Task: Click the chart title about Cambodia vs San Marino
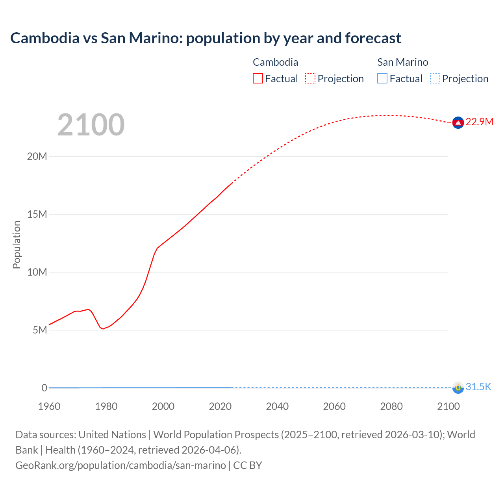pos(206,38)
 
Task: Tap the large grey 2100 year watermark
pos(91,125)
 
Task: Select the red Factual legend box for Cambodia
pos(258,79)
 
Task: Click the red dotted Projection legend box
pos(310,79)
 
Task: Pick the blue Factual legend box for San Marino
pos(382,79)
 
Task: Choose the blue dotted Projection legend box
pos(435,79)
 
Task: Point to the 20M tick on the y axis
pos(37,157)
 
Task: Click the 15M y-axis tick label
pos(37,215)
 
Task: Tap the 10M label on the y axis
pos(37,272)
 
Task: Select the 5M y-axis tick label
pos(40,330)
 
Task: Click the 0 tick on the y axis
pos(44,388)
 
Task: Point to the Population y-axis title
pos(17,245)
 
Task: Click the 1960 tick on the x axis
pos(49,406)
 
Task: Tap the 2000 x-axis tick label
pos(163,406)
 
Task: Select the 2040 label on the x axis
pos(277,406)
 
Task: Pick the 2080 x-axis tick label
pos(391,406)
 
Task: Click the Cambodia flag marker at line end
pos(458,123)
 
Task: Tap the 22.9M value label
pos(479,122)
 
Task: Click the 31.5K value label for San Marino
pos(478,387)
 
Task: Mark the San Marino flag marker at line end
pos(458,387)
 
